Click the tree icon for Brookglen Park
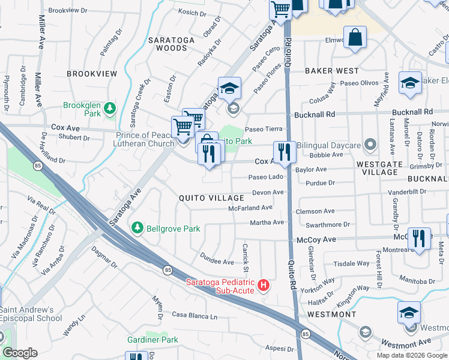(x=109, y=108)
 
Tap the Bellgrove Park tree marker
(x=137, y=228)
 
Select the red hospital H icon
(x=262, y=287)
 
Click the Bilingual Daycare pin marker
(x=370, y=145)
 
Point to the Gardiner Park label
(x=152, y=340)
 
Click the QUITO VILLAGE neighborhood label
(x=211, y=198)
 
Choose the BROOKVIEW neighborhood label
(x=92, y=73)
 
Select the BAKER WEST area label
(x=331, y=71)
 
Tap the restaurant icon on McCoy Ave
(x=419, y=238)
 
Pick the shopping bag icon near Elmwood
(x=355, y=37)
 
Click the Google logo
(x=20, y=353)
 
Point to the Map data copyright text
(x=412, y=355)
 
